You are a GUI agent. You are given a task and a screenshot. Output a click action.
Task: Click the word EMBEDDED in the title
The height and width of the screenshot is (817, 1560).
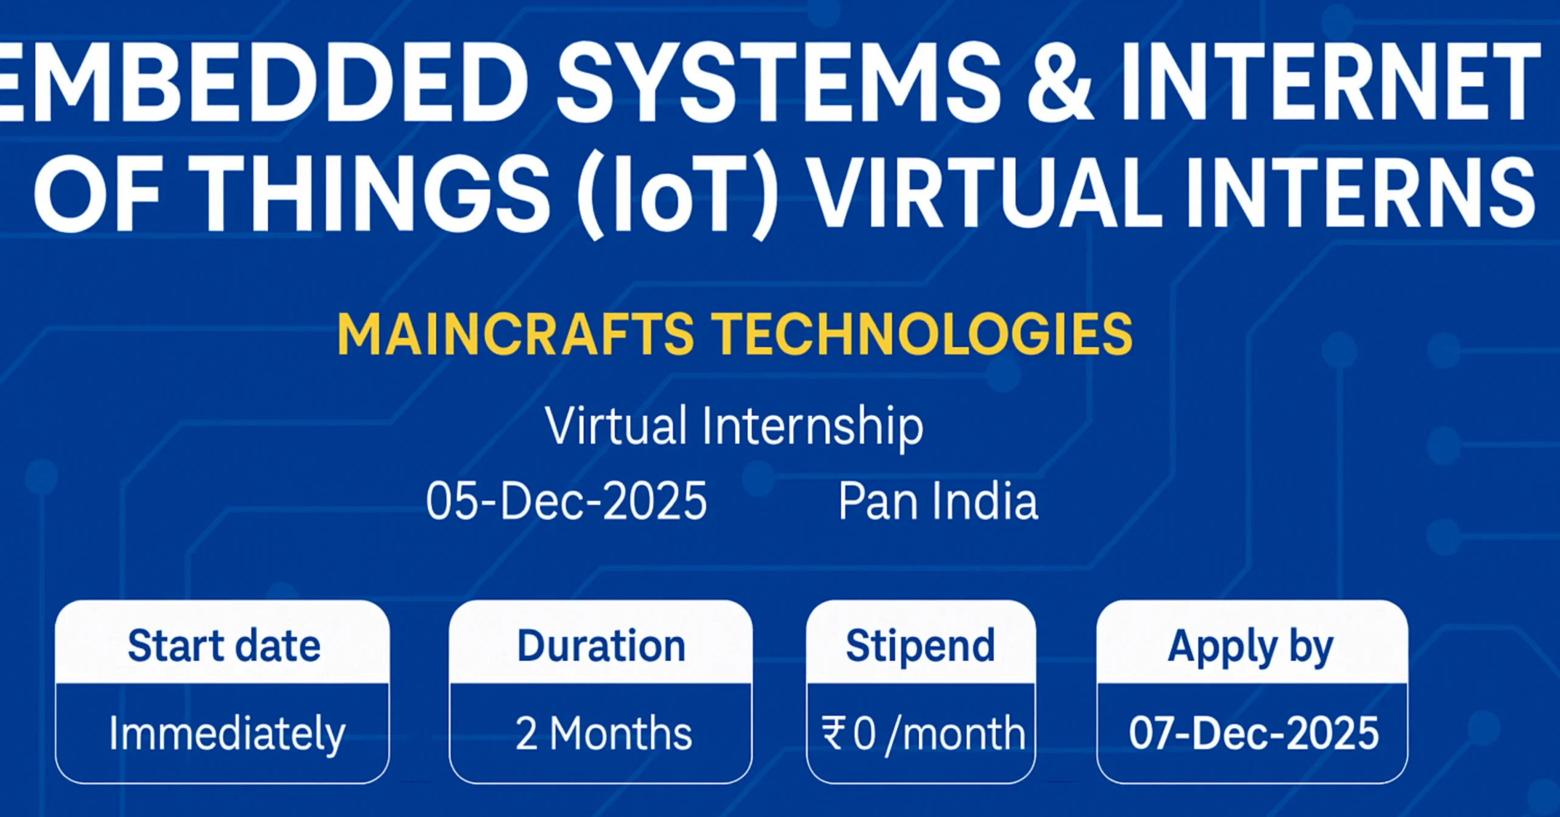262,82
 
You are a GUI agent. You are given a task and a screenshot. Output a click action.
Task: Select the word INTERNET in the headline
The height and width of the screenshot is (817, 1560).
1328,82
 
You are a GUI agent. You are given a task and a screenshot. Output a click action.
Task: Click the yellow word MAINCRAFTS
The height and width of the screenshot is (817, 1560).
516,334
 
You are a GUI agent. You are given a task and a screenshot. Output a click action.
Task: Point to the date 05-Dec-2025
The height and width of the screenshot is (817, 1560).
566,501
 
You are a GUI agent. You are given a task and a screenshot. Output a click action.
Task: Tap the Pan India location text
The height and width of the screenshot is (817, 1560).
938,501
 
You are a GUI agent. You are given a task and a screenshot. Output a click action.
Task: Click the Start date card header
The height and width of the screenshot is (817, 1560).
224,646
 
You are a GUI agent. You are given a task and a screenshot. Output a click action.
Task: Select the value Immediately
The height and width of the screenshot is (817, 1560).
227,733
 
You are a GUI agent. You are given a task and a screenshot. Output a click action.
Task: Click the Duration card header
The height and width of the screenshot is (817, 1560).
601,646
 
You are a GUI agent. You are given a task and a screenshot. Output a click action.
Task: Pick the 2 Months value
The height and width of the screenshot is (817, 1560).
603,733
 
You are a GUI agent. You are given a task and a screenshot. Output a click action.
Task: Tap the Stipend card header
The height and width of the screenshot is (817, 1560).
920,646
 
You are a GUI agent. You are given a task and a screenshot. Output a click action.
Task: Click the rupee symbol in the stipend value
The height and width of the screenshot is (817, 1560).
832,733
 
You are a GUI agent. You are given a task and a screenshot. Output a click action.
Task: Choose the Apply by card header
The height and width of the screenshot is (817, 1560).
1250,647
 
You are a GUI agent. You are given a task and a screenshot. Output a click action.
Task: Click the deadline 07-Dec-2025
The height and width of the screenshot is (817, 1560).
1253,733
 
